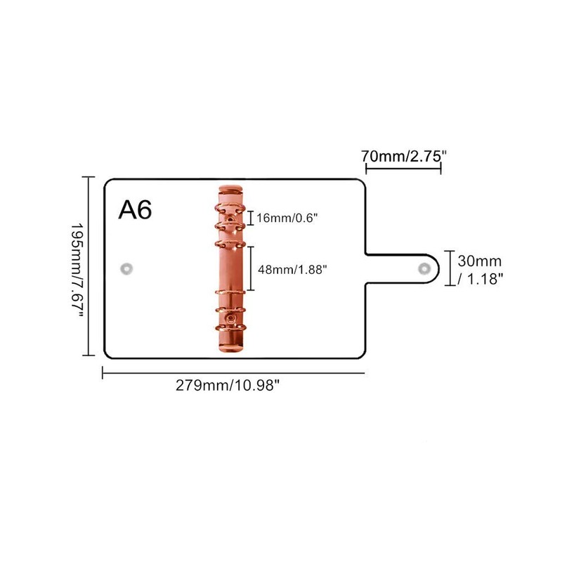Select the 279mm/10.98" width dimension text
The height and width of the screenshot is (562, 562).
coord(233,386)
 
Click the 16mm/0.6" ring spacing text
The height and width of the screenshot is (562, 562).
coord(287,218)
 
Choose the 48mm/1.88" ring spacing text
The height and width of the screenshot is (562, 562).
coord(292,268)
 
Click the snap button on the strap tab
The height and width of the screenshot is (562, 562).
coord(424,268)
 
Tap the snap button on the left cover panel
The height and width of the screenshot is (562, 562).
coord(126,268)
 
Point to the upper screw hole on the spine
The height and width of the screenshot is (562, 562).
coord(231,219)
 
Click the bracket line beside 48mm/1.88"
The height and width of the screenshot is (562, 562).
coord(251,268)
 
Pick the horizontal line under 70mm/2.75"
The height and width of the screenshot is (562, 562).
coord(403,169)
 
